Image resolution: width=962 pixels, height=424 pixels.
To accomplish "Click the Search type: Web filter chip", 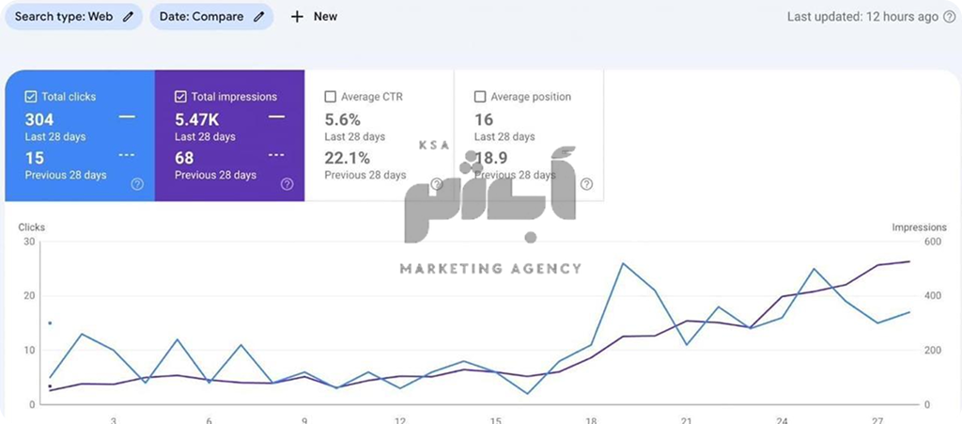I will pos(73,17).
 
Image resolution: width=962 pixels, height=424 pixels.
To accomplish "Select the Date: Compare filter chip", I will pos(211,17).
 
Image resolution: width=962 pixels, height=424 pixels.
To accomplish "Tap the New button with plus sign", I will pos(314,17).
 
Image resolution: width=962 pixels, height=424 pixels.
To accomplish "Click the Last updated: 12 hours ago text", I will pos(862,17).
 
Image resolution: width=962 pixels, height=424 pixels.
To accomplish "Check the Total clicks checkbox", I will pos(31,97).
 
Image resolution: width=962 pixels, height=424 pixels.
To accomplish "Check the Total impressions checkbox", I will pos(181,97).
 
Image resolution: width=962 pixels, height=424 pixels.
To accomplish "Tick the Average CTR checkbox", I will pos(330,97).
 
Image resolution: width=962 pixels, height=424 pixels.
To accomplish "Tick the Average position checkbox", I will pos(480,97).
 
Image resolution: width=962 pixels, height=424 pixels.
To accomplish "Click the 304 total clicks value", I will pos(39,119).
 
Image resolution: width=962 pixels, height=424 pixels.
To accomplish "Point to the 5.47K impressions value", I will pos(197,119).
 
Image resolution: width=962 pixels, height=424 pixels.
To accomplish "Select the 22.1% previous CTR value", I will pos(347,158).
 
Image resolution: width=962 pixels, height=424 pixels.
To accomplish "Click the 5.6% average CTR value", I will pos(342,119).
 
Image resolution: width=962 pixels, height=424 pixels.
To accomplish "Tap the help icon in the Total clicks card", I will pos(137,184).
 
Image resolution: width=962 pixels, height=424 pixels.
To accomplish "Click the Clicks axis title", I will pos(32,228).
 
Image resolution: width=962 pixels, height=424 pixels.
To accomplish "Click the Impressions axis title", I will pos(919,228).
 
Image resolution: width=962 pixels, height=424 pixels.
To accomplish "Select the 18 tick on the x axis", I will pos(591,419).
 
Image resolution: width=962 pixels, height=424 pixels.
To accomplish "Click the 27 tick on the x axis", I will pos(878,419).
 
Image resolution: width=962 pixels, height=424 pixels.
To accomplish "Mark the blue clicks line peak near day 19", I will pos(623,263).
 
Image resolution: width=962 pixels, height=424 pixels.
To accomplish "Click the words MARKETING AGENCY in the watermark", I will pos(490,269).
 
